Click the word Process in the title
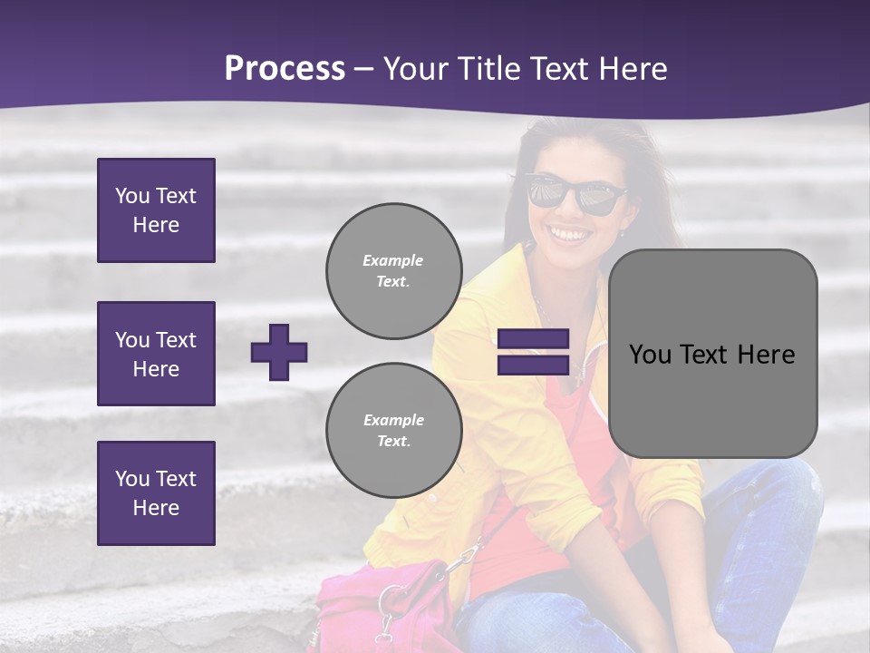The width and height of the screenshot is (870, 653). tap(285, 69)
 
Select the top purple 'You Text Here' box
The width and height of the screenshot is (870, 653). tap(156, 210)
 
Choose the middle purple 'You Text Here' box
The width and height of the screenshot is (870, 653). tap(156, 354)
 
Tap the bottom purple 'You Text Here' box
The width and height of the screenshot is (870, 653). tap(156, 493)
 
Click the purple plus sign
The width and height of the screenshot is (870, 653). tap(279, 352)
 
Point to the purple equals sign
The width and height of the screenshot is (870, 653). tap(533, 352)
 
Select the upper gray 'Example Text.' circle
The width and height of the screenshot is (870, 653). tap(393, 270)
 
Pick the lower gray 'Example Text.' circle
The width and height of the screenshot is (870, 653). tap(393, 430)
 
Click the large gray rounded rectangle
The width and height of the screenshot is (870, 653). tap(712, 354)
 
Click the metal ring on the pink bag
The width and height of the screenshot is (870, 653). tap(393, 600)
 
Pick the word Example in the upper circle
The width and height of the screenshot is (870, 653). tap(393, 260)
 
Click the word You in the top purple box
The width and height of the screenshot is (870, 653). tap(132, 196)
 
